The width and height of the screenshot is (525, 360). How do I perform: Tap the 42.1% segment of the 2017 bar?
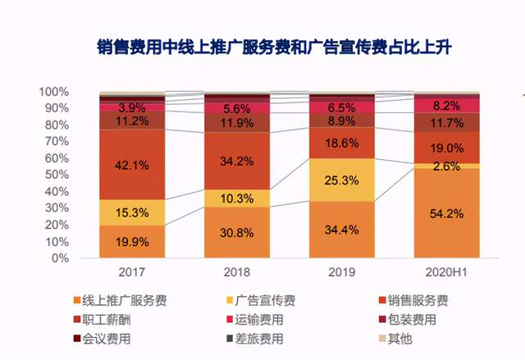point(132,165)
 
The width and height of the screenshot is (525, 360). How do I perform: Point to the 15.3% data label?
point(132,212)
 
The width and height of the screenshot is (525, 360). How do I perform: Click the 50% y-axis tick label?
point(56,175)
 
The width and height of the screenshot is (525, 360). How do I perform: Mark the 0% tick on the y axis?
point(59,258)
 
